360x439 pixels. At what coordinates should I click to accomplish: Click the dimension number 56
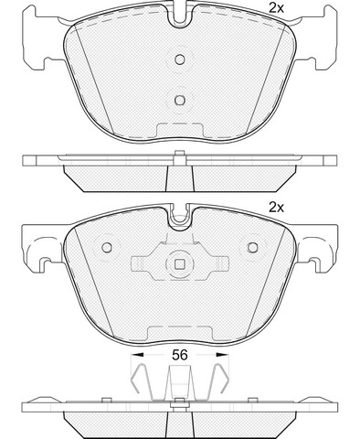pos(179,355)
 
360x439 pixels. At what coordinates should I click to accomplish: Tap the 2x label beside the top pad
pos(276,8)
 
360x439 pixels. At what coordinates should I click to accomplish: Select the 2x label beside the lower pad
pos(276,208)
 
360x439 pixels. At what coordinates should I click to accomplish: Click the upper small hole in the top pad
pos(180,59)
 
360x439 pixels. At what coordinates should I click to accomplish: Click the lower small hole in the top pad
pos(180,100)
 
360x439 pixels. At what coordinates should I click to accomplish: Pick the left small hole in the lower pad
pos(107,247)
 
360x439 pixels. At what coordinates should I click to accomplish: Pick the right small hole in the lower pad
pos(253,247)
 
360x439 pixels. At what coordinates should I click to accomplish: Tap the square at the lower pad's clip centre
pos(180,264)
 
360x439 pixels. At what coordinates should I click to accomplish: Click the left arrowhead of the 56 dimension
pos(137,355)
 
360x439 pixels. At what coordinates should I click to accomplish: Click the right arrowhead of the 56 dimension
pos(222,355)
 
